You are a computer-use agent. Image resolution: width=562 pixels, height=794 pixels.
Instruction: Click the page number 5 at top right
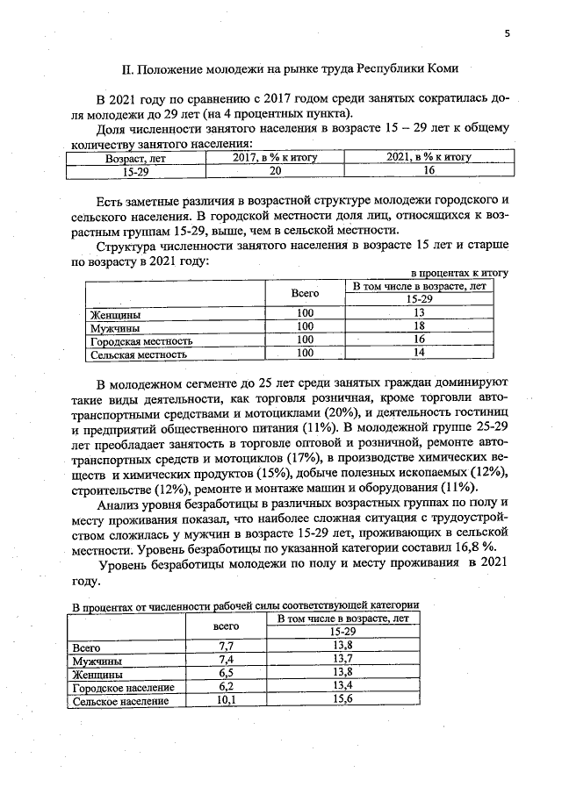coord(507,33)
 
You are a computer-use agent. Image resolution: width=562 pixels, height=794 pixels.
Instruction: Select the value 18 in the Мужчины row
coord(419,326)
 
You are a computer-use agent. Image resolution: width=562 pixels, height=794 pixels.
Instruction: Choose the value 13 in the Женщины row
coord(419,313)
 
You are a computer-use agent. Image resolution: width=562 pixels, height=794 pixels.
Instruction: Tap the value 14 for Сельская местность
coord(419,354)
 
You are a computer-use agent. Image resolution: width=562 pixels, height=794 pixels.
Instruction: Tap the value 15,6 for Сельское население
coord(342,700)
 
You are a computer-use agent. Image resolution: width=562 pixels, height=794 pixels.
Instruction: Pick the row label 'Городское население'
coord(123,687)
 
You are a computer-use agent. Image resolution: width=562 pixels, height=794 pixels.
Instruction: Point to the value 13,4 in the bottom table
coord(342,686)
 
